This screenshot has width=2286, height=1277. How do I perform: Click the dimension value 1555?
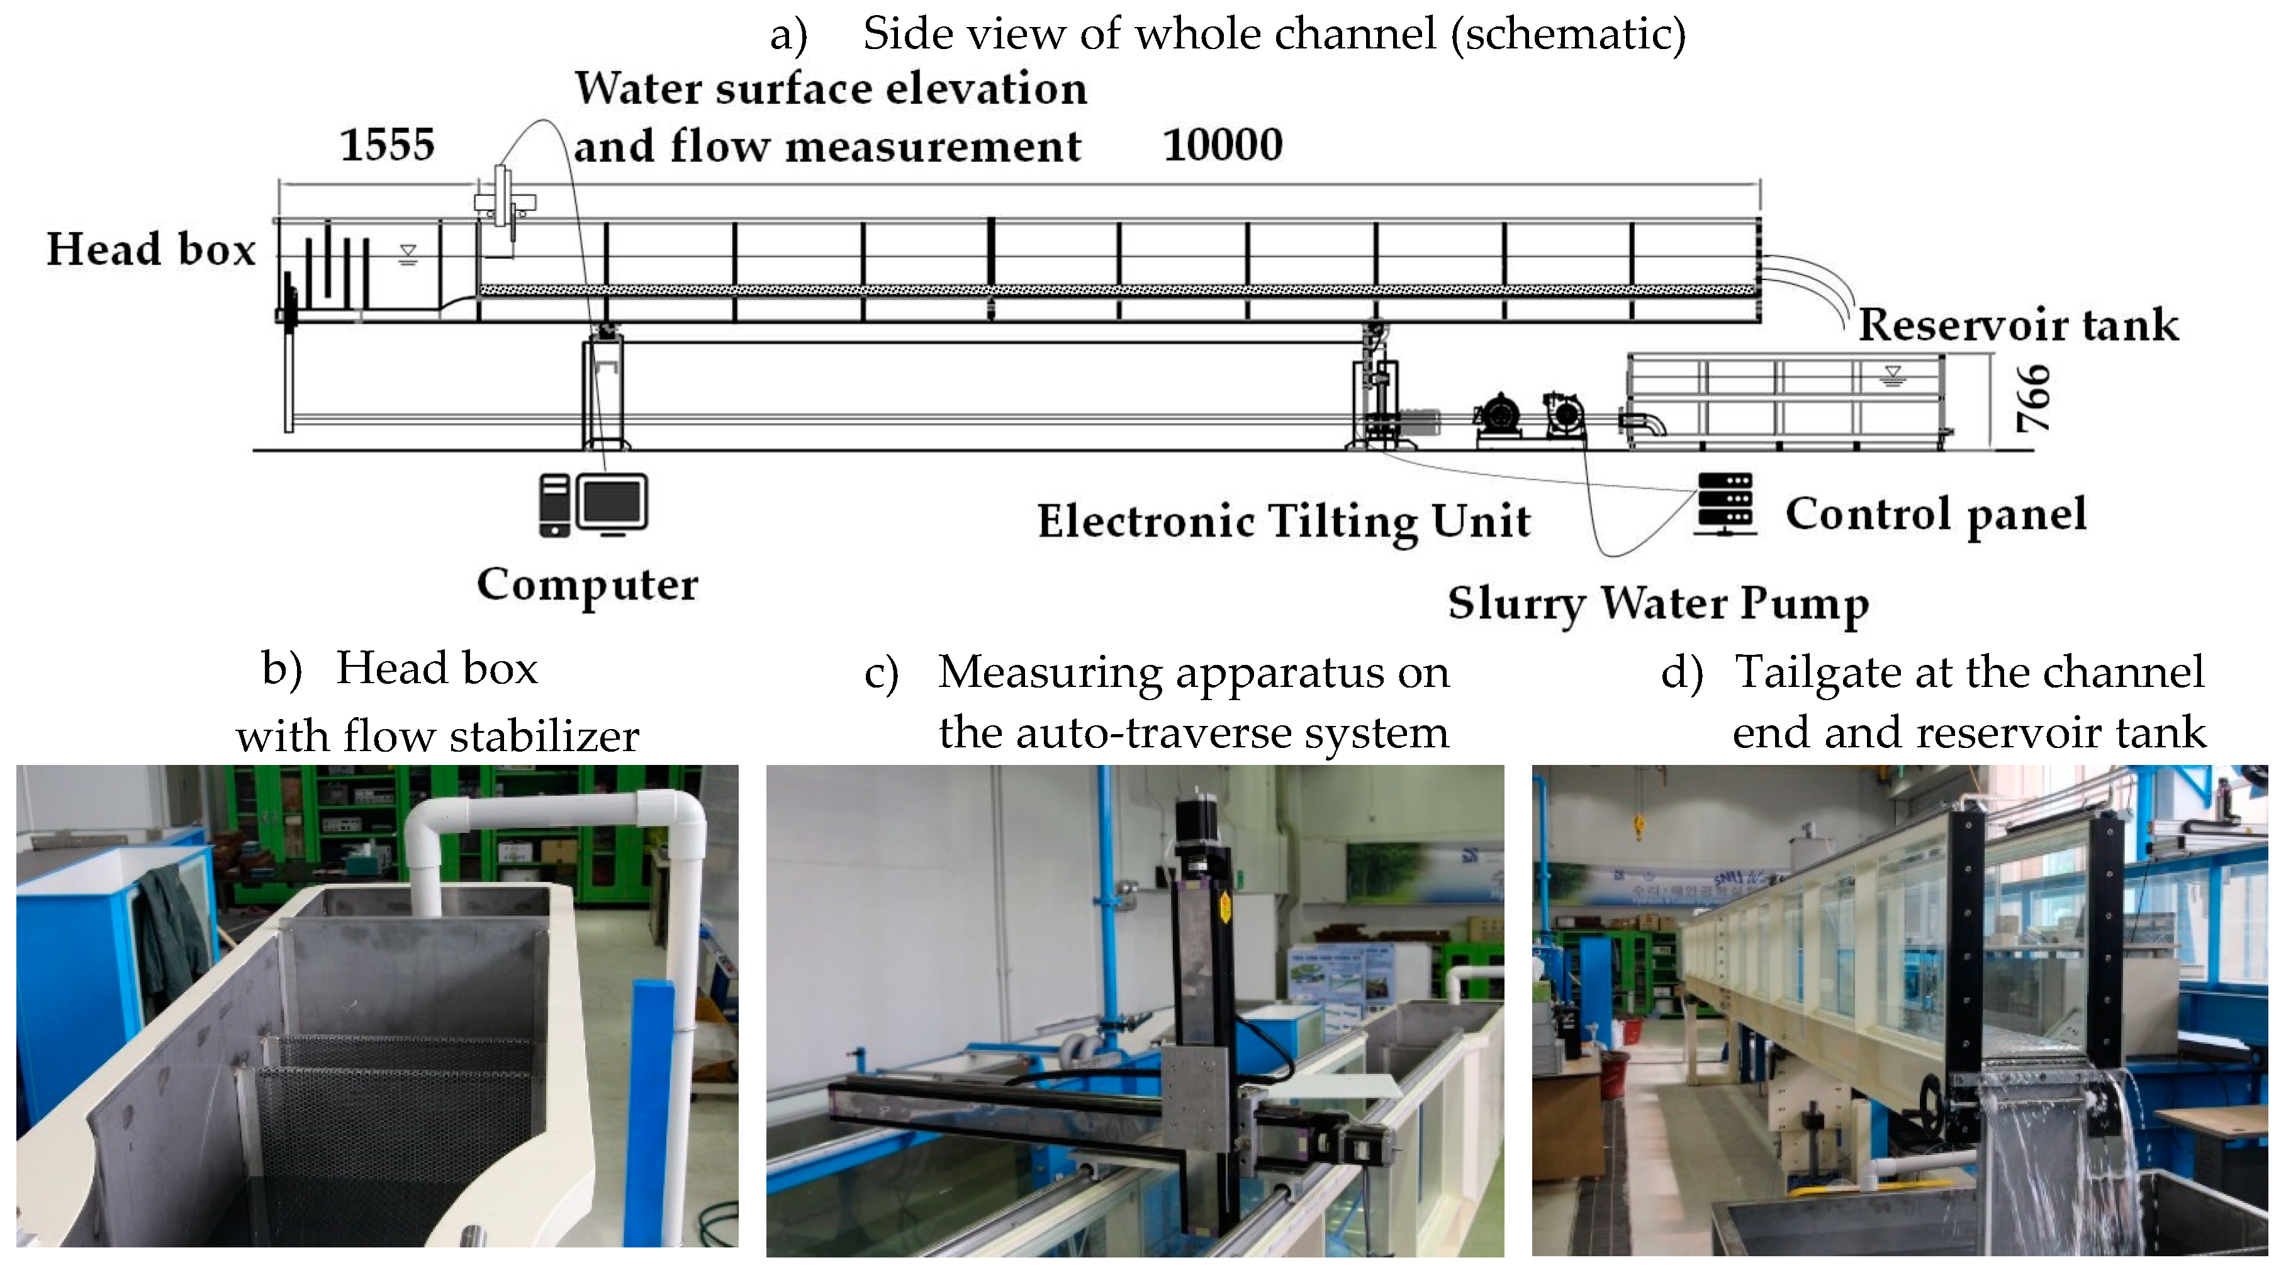[387, 145]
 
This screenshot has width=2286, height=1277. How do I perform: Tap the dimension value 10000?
[1222, 145]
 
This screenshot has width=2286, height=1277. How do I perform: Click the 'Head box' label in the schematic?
[151, 249]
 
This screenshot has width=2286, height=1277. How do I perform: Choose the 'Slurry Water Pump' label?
[1657, 603]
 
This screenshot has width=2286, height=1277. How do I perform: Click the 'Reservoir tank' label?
[2018, 325]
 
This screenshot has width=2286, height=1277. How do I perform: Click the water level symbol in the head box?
[407, 255]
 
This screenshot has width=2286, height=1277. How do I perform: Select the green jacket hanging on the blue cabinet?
[177, 923]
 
